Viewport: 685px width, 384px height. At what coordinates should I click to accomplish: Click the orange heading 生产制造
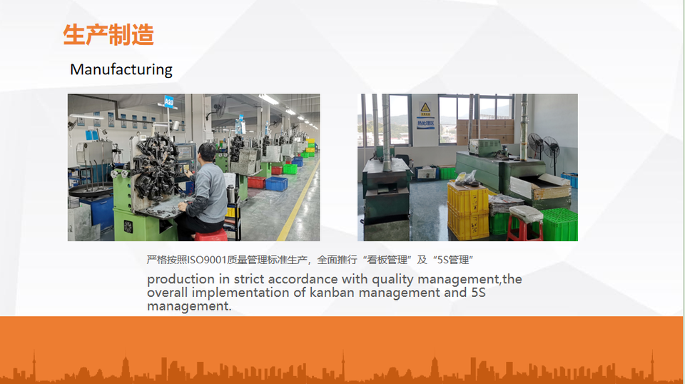[108, 35]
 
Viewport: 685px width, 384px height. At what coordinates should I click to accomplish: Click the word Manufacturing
[121, 69]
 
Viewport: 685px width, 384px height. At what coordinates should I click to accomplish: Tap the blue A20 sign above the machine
[168, 102]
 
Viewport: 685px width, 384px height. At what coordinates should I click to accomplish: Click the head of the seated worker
[207, 152]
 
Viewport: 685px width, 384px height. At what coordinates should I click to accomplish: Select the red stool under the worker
[211, 235]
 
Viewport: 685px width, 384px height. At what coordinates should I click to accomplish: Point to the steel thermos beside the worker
[230, 193]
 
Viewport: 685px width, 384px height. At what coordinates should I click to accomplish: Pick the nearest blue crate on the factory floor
[277, 184]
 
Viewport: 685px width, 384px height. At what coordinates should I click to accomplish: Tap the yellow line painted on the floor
[299, 201]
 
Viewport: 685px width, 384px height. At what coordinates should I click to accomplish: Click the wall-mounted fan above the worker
[219, 106]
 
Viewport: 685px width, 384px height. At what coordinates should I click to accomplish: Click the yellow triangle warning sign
[425, 108]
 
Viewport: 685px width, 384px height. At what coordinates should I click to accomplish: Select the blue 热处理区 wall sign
[425, 123]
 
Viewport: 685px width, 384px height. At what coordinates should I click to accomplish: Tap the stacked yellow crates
[468, 211]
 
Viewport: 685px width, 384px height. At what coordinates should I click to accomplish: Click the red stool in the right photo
[525, 223]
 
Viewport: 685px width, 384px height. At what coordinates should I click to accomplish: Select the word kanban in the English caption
[332, 292]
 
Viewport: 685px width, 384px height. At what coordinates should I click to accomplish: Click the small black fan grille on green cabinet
[128, 227]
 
